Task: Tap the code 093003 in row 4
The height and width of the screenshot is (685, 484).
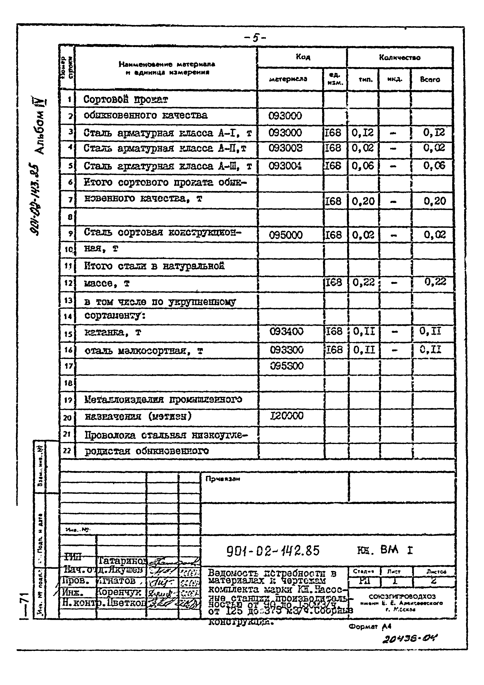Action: (x=285, y=148)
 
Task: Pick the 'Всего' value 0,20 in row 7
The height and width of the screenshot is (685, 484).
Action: (x=435, y=201)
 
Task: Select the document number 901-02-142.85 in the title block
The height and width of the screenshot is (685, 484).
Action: (x=273, y=550)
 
